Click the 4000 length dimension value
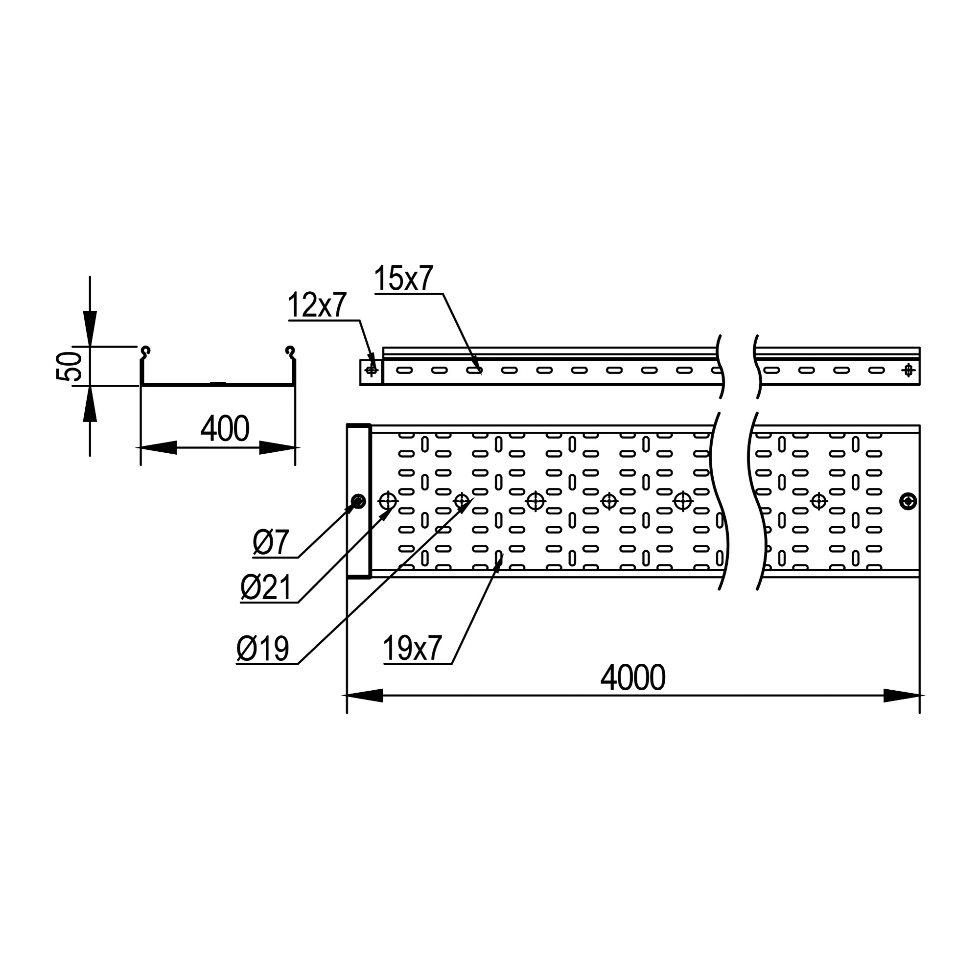click(x=632, y=678)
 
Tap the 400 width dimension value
click(x=225, y=429)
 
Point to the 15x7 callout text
click(x=403, y=279)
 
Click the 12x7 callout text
click(x=317, y=305)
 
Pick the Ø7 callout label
click(x=271, y=543)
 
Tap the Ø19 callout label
click(x=263, y=649)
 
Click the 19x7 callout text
click(x=413, y=649)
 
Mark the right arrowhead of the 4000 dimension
click(x=902, y=696)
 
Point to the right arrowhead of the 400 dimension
click(x=277, y=447)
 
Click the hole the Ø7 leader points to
click(x=358, y=502)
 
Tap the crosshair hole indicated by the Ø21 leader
click(x=388, y=502)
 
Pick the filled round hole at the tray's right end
click(x=908, y=502)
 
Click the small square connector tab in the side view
click(x=371, y=372)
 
